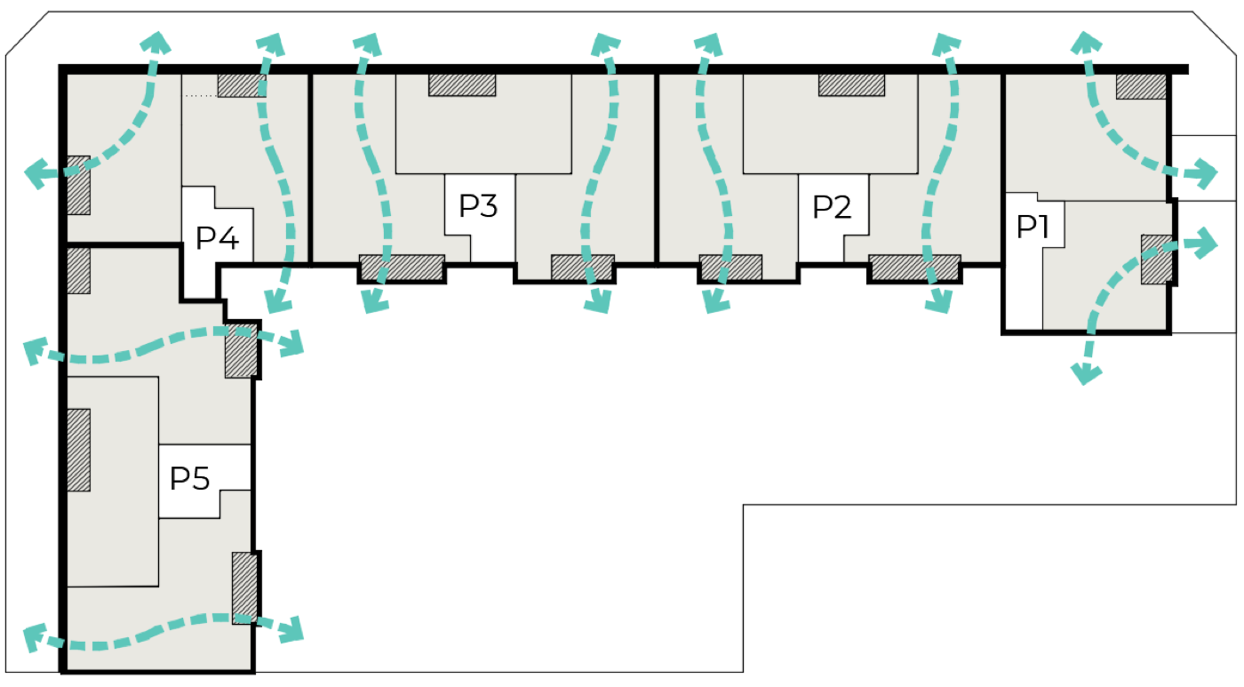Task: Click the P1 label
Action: (1033, 227)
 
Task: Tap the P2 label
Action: (832, 207)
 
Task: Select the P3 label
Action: (478, 206)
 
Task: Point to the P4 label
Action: (217, 238)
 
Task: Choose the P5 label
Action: (190, 478)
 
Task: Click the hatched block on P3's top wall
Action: (462, 85)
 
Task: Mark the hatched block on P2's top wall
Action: (851, 85)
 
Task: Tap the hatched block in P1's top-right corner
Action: (1141, 86)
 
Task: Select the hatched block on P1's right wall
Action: (1157, 260)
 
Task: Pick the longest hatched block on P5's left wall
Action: (79, 450)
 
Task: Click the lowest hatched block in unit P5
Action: (245, 587)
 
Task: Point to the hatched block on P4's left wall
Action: (79, 185)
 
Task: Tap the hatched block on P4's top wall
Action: (242, 85)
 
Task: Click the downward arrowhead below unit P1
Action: (1086, 373)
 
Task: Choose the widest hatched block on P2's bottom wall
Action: (914, 268)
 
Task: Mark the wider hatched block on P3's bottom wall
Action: (402, 268)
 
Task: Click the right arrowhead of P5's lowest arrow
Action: (291, 629)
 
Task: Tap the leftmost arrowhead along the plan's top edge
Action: (155, 42)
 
